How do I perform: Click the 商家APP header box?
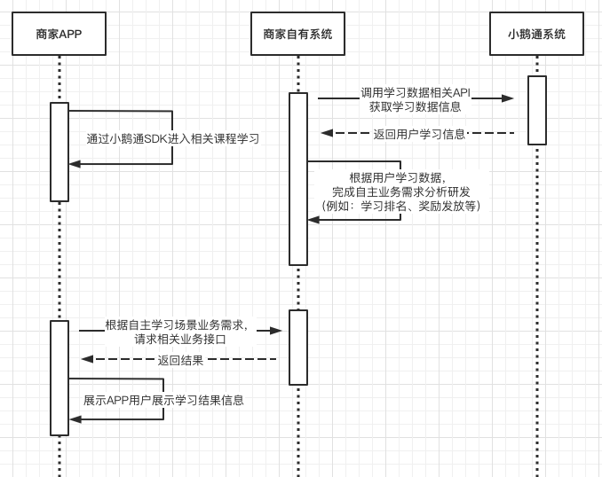pyautogui.click(x=59, y=35)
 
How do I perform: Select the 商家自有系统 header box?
pyautogui.click(x=297, y=35)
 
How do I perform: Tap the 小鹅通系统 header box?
pyautogui.click(x=536, y=35)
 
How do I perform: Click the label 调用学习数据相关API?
pyautogui.click(x=416, y=92)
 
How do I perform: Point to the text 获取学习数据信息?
pyautogui.click(x=416, y=106)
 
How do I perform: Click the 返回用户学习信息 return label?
pyautogui.click(x=419, y=134)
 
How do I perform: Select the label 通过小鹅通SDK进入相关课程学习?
pyautogui.click(x=173, y=138)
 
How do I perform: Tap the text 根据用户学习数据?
pyautogui.click(x=398, y=177)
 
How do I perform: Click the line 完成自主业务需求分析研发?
pyautogui.click(x=401, y=192)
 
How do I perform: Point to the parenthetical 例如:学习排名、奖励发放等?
pyautogui.click(x=401, y=206)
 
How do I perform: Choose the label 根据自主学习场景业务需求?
pyautogui.click(x=177, y=325)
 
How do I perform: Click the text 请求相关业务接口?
pyautogui.click(x=180, y=339)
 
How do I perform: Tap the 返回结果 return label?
pyautogui.click(x=180, y=360)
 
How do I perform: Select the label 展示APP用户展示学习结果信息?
pyautogui.click(x=163, y=400)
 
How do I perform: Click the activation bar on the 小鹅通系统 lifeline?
pyautogui.click(x=536, y=110)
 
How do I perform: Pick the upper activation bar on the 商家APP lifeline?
pyautogui.click(x=59, y=152)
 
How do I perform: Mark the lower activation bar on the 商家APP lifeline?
pyautogui.click(x=59, y=378)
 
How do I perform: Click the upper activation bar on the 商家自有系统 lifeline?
pyautogui.click(x=298, y=178)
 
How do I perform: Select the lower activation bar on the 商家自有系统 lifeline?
pyautogui.click(x=298, y=347)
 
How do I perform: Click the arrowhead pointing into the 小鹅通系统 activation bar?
pyautogui.click(x=508, y=98)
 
